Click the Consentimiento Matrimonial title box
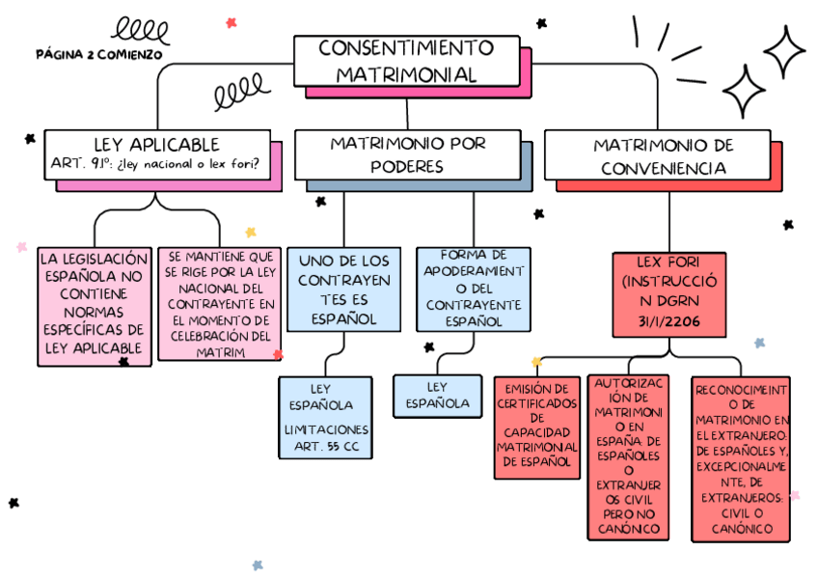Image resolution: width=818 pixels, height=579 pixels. (x=405, y=60)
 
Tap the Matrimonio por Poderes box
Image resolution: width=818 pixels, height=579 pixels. (x=407, y=153)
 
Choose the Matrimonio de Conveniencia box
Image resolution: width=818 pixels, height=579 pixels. (x=663, y=155)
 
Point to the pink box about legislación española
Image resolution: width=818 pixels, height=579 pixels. (x=94, y=305)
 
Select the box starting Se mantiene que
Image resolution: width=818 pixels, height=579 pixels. (x=220, y=304)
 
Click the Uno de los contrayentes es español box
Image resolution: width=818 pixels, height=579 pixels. (x=343, y=289)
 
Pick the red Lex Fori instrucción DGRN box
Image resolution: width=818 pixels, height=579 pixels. (x=668, y=294)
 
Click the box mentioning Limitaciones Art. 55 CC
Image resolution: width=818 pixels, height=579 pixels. (x=326, y=416)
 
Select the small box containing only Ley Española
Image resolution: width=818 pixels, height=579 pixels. (x=437, y=395)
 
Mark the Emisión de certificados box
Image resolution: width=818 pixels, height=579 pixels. (x=537, y=426)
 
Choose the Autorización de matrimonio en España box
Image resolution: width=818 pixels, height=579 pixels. (x=628, y=456)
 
